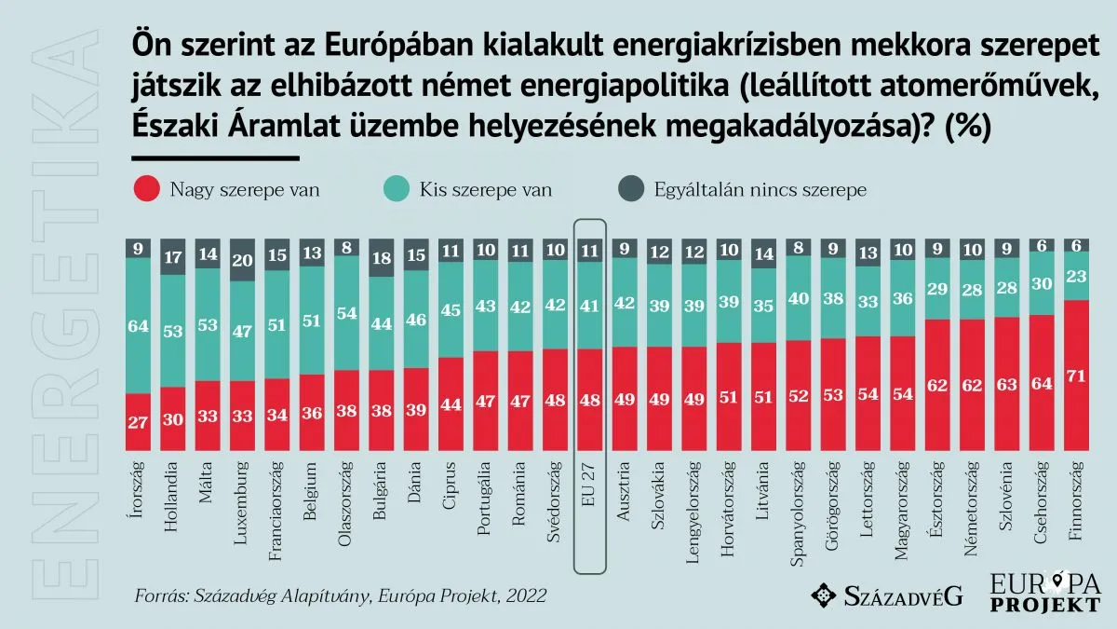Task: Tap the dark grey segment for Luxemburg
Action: [x=242, y=260]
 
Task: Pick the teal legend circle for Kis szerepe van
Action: [x=396, y=190]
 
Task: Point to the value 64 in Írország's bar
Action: [x=138, y=326]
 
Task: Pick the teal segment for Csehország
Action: [x=1043, y=283]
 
